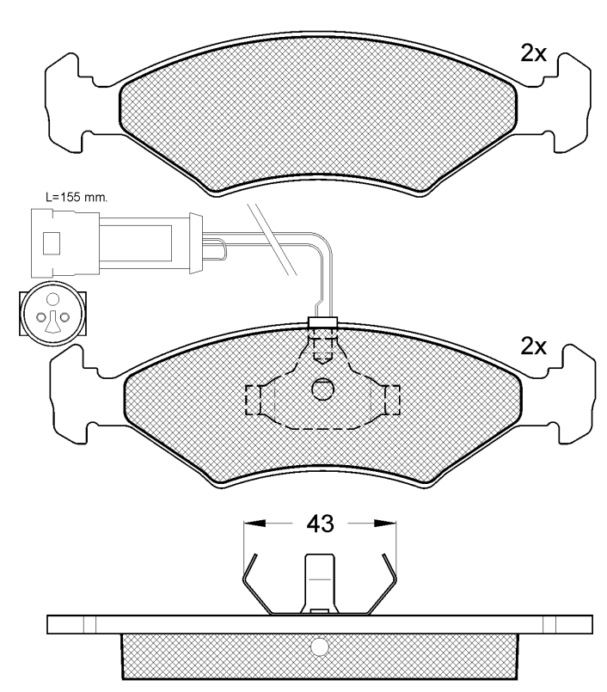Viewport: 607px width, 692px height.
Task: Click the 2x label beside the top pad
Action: pyautogui.click(x=534, y=54)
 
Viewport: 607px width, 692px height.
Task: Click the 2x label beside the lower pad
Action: pyautogui.click(x=534, y=346)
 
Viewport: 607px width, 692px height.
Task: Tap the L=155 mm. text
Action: pyautogui.click(x=76, y=196)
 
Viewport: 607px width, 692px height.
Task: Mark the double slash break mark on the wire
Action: pyautogui.click(x=271, y=238)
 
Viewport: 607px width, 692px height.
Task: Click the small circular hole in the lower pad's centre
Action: pyautogui.click(x=322, y=389)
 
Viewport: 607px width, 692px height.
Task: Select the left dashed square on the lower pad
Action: pyautogui.click(x=255, y=398)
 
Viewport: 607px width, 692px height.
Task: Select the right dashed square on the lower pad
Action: pyautogui.click(x=391, y=398)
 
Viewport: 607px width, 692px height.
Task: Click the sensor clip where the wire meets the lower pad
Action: pyautogui.click(x=322, y=324)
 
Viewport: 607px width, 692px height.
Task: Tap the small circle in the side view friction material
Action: pyautogui.click(x=320, y=646)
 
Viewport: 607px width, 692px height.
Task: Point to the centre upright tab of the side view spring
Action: pyautogui.click(x=320, y=580)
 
